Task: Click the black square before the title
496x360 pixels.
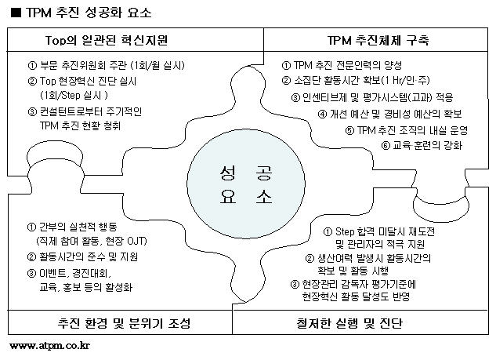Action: point(16,13)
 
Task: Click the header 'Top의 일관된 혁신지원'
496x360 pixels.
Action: point(107,40)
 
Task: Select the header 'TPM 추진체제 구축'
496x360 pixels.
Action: point(378,40)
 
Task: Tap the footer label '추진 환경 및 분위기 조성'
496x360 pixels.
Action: point(124,323)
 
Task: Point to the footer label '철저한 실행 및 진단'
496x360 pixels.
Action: point(349,323)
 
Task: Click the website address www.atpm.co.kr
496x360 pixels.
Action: point(49,345)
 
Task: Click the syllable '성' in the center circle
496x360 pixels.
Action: point(228,173)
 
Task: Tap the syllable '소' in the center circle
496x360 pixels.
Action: point(264,196)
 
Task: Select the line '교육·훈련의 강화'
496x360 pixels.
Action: point(427,145)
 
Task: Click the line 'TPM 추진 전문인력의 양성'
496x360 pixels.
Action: point(348,65)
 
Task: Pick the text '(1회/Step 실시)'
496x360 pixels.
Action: point(74,95)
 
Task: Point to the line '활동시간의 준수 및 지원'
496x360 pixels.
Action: point(89,256)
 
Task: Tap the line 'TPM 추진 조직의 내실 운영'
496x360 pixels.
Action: point(412,130)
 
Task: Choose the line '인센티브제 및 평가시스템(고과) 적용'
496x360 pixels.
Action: point(378,97)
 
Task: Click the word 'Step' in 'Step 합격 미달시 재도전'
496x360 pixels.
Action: point(345,232)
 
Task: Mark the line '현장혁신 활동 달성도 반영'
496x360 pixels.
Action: point(356,296)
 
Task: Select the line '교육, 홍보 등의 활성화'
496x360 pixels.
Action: point(85,287)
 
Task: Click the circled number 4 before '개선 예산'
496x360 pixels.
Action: point(322,114)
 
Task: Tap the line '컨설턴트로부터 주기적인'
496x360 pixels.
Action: point(91,111)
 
